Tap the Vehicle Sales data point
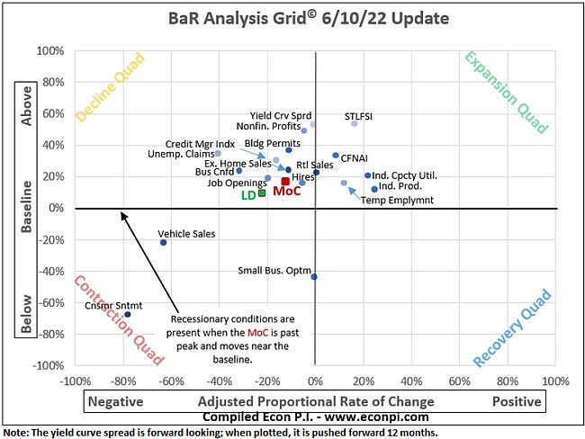coord(163,242)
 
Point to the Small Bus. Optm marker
coord(314,276)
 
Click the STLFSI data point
coord(355,123)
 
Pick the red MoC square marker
coord(285,182)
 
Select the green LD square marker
coord(262,193)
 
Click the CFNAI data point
coord(336,156)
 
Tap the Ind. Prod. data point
coord(374,189)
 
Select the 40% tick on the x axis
coord(412,381)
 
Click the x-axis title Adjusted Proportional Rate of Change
coord(316,401)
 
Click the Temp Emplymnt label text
coord(397,200)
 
